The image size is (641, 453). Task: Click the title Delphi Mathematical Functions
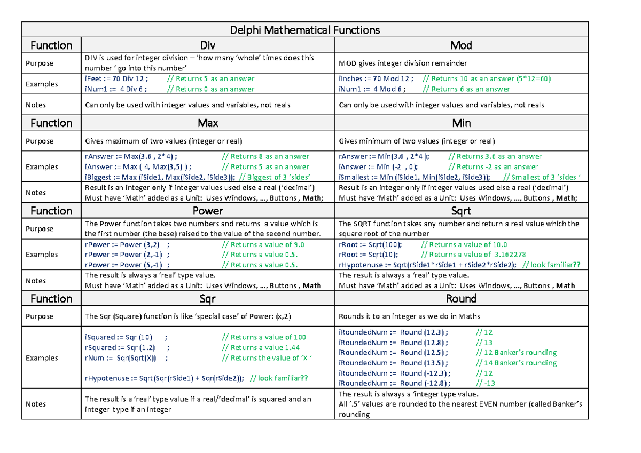click(304, 30)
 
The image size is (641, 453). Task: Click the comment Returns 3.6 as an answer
click(495, 156)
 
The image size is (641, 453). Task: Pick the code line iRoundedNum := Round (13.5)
click(393, 363)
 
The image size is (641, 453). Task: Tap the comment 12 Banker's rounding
click(515, 353)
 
